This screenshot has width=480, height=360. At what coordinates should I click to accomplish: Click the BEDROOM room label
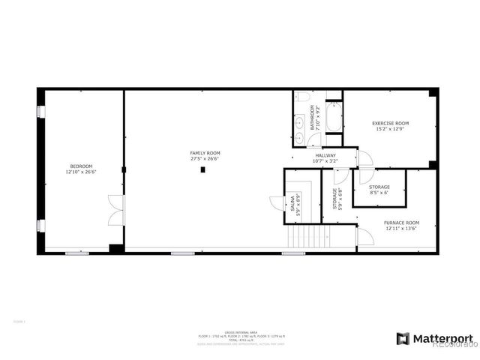pyautogui.click(x=81, y=166)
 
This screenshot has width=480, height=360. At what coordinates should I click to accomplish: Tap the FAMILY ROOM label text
pyautogui.click(x=204, y=152)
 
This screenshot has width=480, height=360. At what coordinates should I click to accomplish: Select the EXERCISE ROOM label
pyautogui.click(x=391, y=123)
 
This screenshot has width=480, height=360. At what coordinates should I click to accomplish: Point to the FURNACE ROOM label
pyautogui.click(x=402, y=223)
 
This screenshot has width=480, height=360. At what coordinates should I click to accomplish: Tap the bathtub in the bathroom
pyautogui.click(x=334, y=118)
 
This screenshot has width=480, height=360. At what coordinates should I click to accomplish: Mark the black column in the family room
pyautogui.click(x=202, y=170)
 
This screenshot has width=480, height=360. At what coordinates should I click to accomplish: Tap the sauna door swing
pyautogui.click(x=275, y=205)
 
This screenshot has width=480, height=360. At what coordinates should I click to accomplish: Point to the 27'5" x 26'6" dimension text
pyautogui.click(x=204, y=158)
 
